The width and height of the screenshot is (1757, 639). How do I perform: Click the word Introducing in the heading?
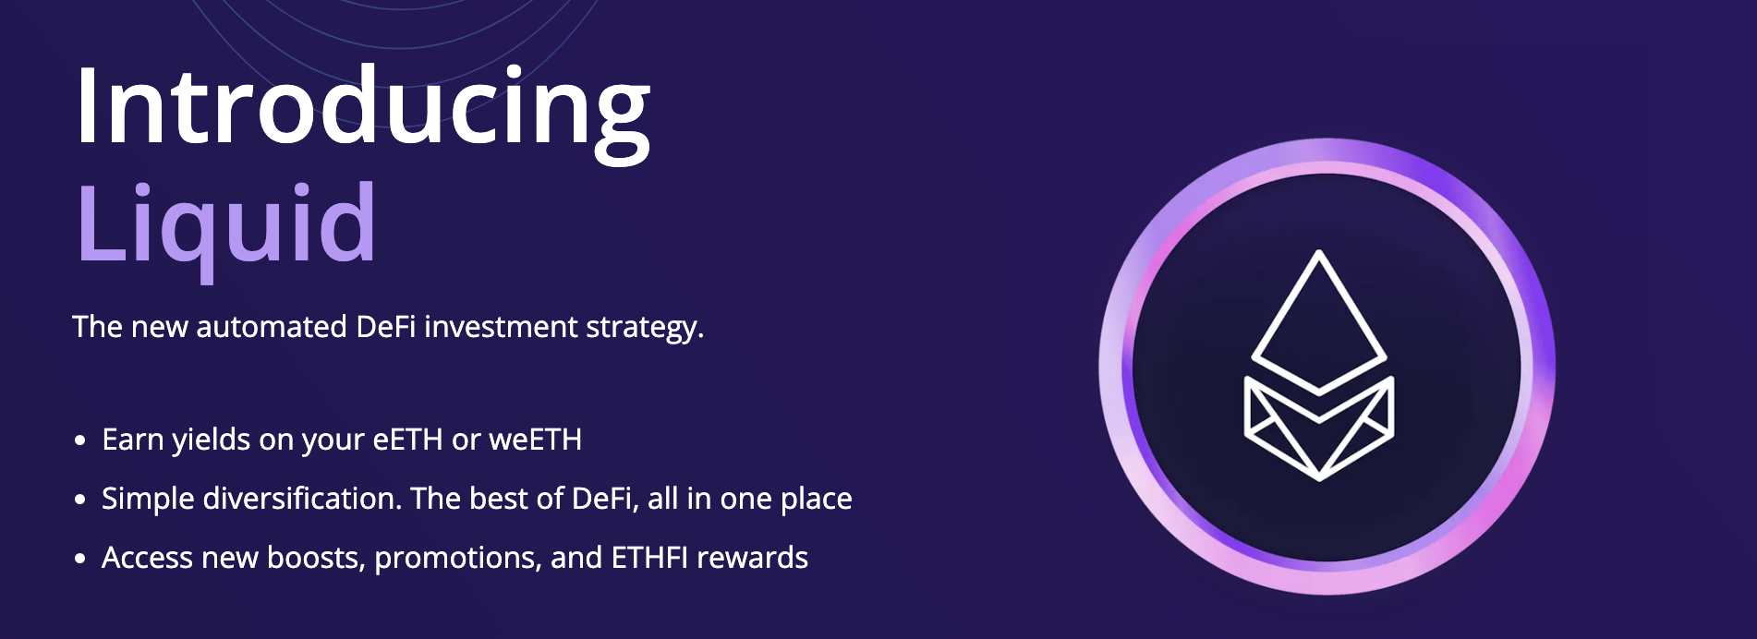click(362, 109)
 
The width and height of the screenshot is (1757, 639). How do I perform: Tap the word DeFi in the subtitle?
click(385, 327)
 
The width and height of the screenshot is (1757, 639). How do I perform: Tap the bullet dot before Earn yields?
click(80, 440)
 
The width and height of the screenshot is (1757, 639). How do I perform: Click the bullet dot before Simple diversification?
click(80, 500)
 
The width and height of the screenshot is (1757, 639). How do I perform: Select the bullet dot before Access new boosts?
click(80, 559)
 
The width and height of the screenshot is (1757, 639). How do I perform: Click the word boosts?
click(315, 558)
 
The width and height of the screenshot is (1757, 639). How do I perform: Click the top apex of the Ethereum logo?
click(1318, 253)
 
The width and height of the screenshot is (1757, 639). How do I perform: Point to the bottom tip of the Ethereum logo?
click(1319, 478)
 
